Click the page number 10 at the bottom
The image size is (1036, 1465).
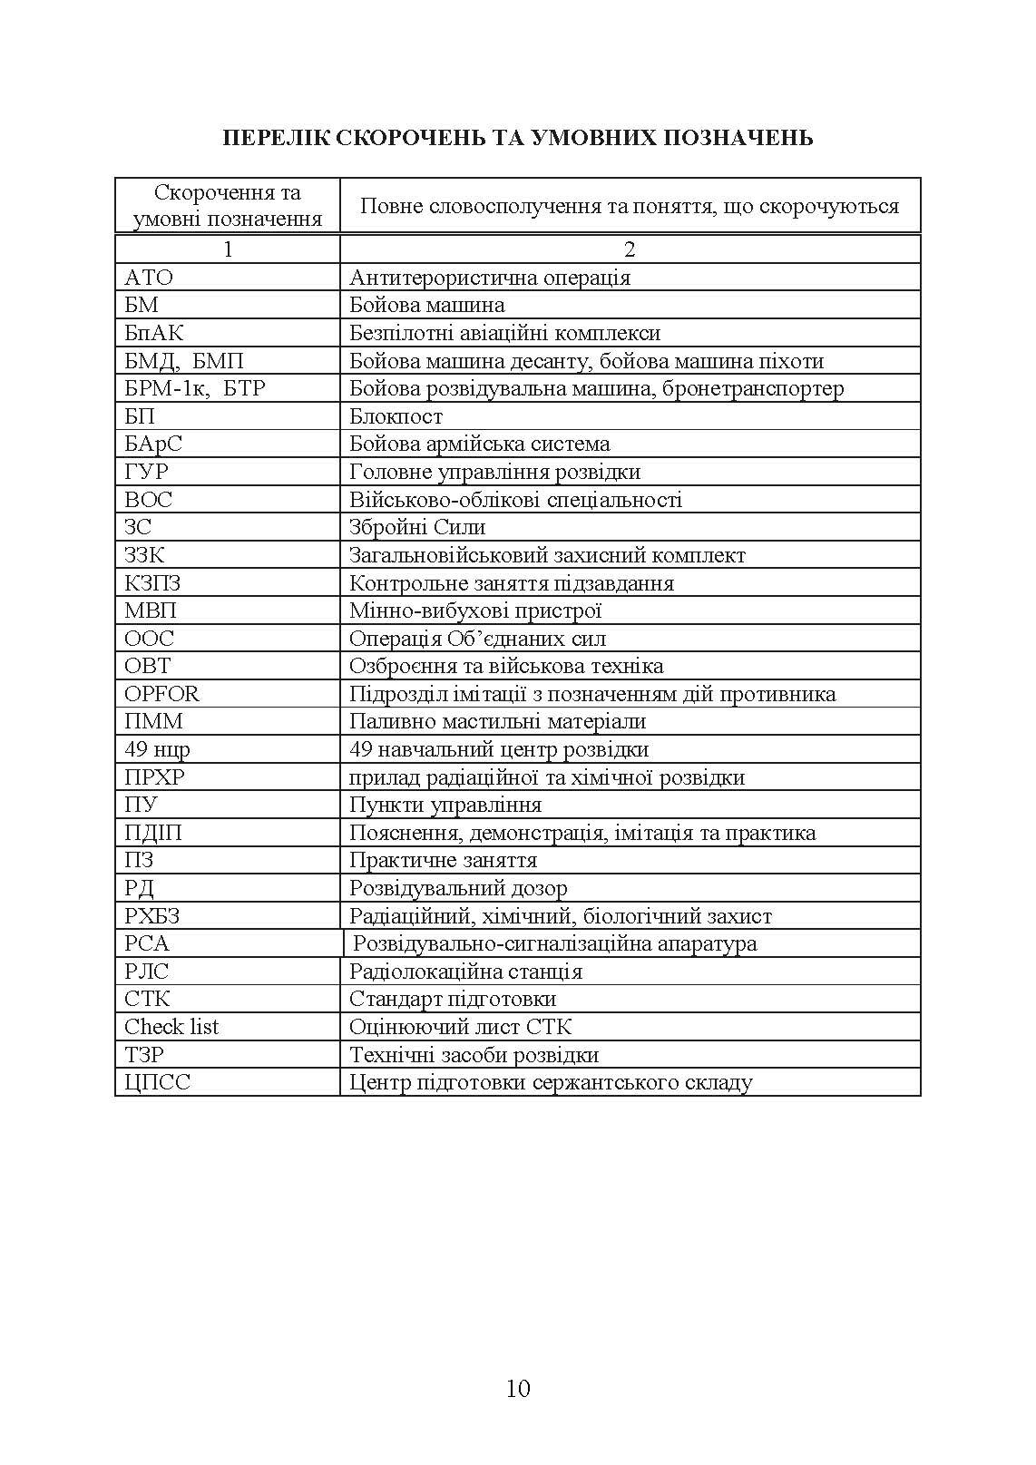click(518, 1388)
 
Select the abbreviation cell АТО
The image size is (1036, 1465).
click(149, 278)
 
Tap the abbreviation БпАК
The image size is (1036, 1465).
click(153, 333)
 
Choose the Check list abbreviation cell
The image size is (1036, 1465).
click(171, 1027)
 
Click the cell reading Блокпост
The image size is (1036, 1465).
click(396, 416)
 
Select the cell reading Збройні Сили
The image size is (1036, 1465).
click(417, 527)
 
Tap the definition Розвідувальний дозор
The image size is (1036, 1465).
click(458, 888)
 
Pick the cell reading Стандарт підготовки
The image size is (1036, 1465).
click(453, 999)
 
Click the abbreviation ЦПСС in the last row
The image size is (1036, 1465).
click(157, 1082)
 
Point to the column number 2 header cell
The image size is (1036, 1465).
click(630, 249)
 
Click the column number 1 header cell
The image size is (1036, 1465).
click(228, 249)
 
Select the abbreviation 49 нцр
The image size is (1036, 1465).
click(157, 749)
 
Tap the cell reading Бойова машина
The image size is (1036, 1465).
click(427, 306)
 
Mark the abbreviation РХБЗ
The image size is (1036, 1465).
click(151, 916)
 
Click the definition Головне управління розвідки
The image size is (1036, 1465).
click(494, 472)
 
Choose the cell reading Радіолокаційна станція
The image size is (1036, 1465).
click(465, 972)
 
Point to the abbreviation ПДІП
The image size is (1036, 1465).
click(152, 833)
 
